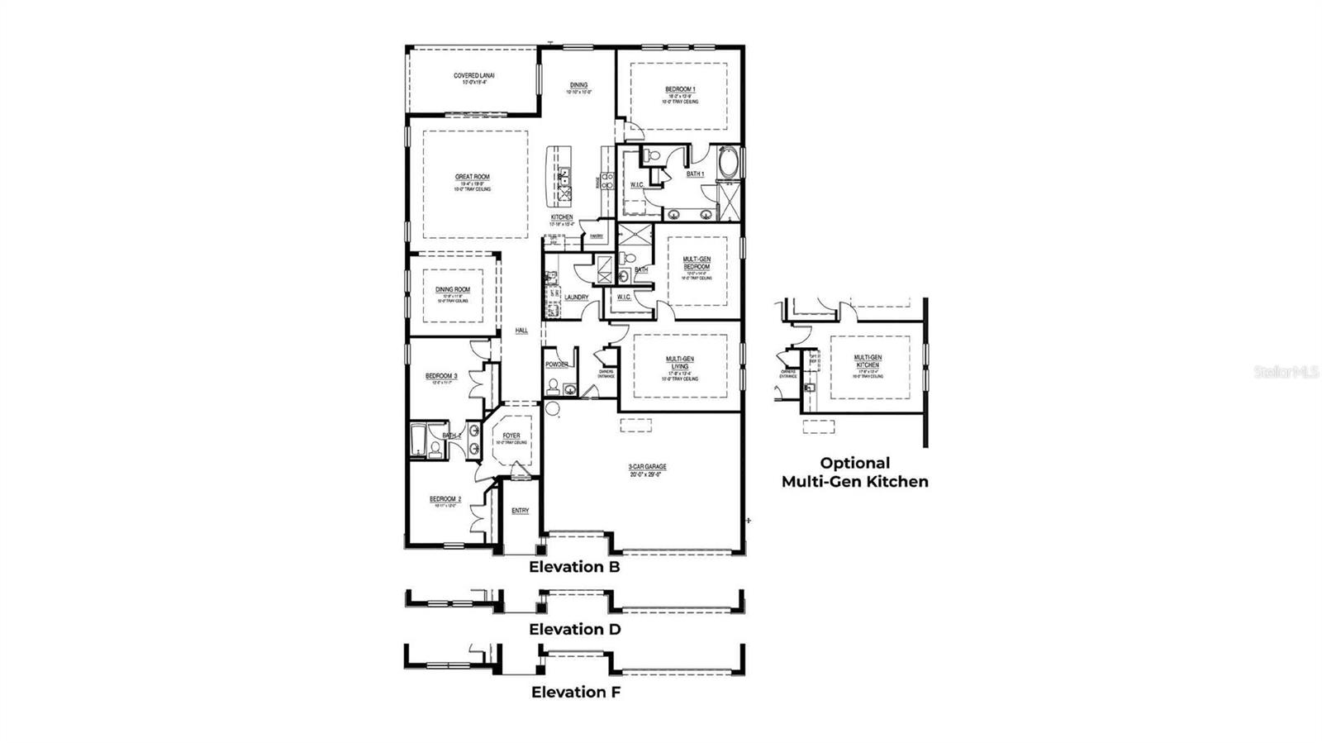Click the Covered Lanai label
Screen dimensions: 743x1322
coord(474,76)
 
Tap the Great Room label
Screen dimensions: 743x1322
coord(472,177)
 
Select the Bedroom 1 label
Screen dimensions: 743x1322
coord(680,89)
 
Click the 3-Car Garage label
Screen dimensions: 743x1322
coord(647,467)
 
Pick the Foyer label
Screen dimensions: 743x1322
coord(511,436)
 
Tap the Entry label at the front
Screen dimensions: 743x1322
coord(520,511)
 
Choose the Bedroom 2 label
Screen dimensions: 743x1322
coord(445,499)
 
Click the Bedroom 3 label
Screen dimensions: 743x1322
coord(441,376)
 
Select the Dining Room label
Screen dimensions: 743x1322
coord(453,289)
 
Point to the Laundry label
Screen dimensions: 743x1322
coord(576,298)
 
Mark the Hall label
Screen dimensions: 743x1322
coord(521,331)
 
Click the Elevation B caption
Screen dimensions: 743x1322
coord(574,567)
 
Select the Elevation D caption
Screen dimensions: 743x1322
coord(575,630)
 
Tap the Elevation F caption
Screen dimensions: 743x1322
coord(575,693)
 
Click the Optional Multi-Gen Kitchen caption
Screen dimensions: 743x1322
coord(855,473)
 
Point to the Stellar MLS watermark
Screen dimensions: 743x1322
coord(1286,372)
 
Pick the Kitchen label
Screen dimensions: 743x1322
coord(562,217)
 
